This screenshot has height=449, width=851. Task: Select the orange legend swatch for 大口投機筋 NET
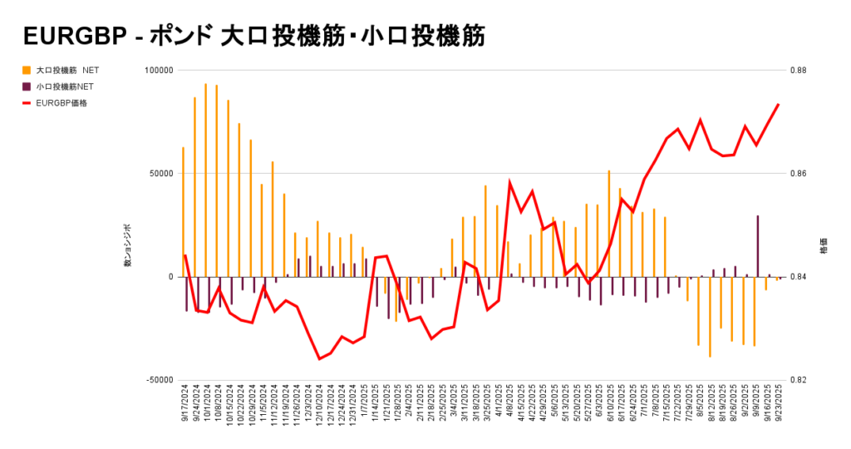(x=27, y=70)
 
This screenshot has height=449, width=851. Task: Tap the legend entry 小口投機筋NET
(x=65, y=86)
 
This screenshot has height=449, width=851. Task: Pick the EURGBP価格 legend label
(x=61, y=103)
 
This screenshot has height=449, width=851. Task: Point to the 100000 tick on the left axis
(x=155, y=71)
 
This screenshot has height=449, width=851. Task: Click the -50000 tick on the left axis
(x=155, y=380)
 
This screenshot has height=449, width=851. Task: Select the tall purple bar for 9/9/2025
(x=757, y=245)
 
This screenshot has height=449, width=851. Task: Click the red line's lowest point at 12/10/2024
(x=319, y=359)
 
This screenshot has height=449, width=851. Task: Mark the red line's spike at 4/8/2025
(x=509, y=181)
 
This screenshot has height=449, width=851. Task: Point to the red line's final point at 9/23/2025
(x=779, y=105)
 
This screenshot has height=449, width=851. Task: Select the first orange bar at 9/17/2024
(x=183, y=211)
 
